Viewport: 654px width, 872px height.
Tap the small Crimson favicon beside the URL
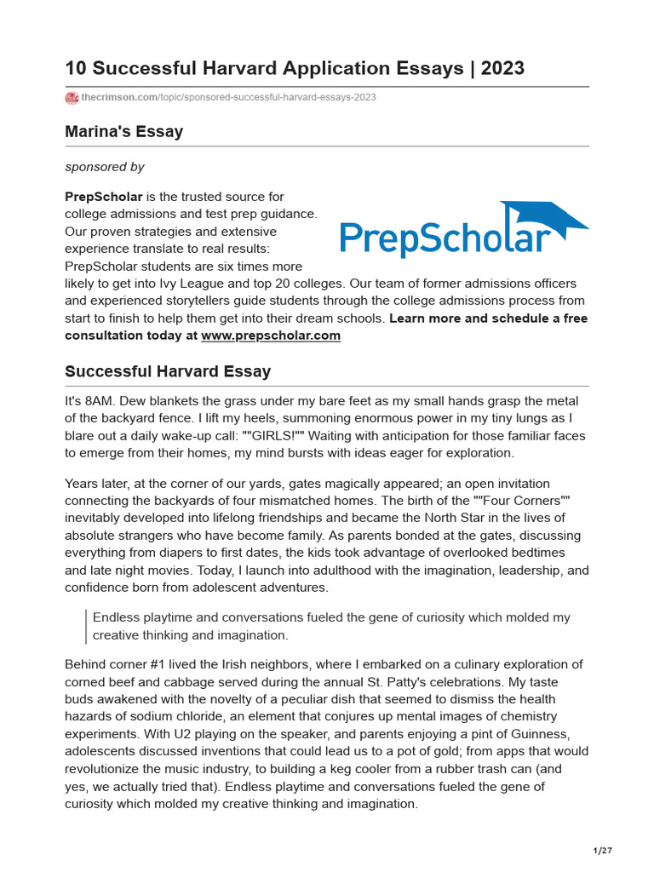coord(72,98)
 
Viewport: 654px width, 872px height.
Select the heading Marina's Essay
coord(123,131)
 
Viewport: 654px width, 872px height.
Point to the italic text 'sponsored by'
coord(105,167)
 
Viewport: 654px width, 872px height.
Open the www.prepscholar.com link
coord(270,336)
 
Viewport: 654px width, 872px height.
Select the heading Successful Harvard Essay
coord(168,371)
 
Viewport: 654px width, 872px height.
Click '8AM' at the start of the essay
coord(97,401)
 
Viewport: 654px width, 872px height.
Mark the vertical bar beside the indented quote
coord(86,626)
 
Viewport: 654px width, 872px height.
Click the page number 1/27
coord(603,851)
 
